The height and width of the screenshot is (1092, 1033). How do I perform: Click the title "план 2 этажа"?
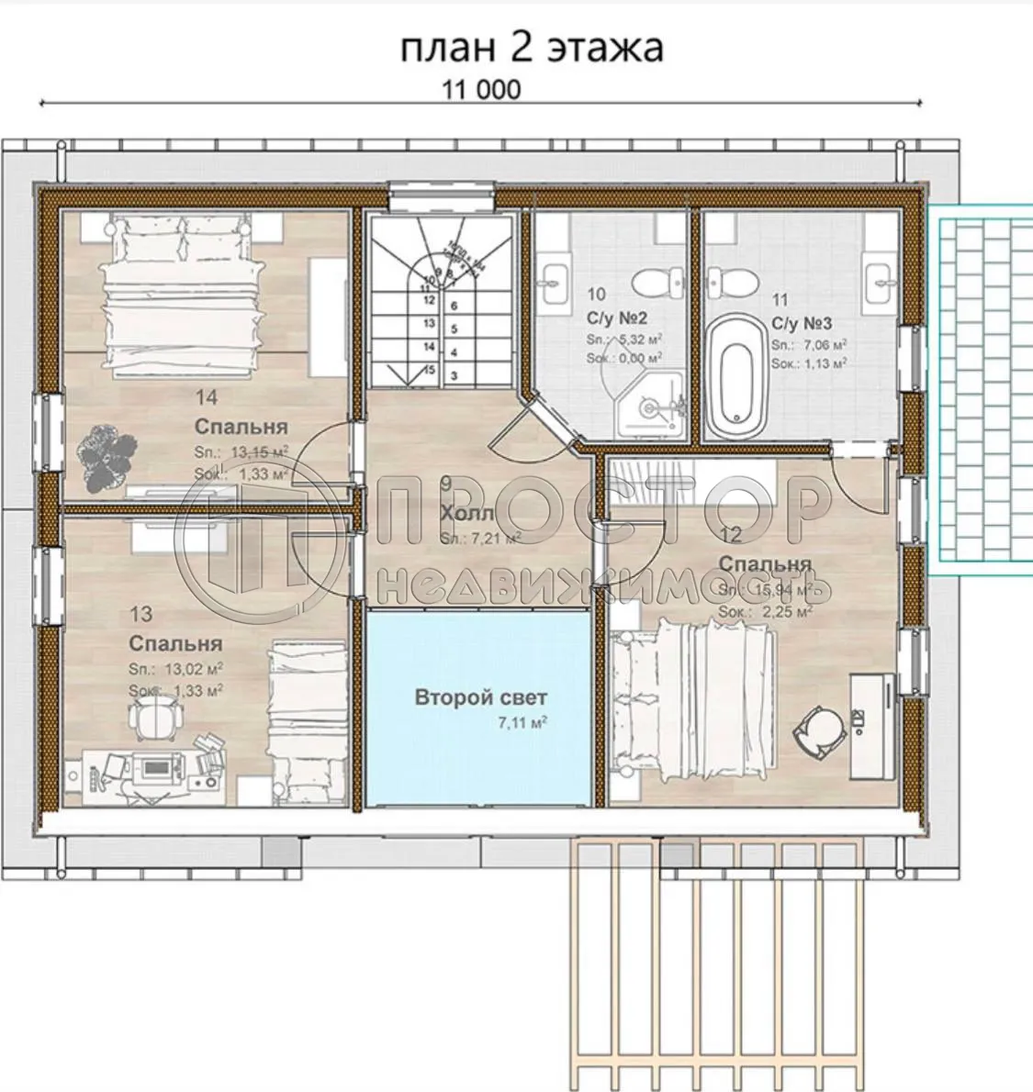click(x=531, y=48)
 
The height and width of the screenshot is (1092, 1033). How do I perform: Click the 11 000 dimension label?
click(x=480, y=89)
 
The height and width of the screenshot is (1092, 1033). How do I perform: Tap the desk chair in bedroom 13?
click(x=151, y=718)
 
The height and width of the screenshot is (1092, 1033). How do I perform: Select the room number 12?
click(x=731, y=534)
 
